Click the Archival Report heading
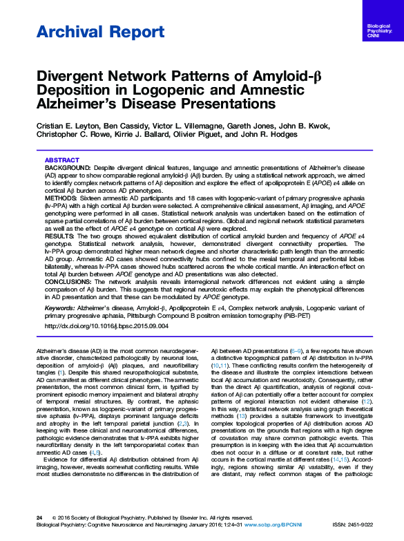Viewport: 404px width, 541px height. tap(81, 32)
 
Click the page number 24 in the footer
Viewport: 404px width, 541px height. tap(39, 517)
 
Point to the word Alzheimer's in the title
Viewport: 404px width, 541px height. tap(83, 104)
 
